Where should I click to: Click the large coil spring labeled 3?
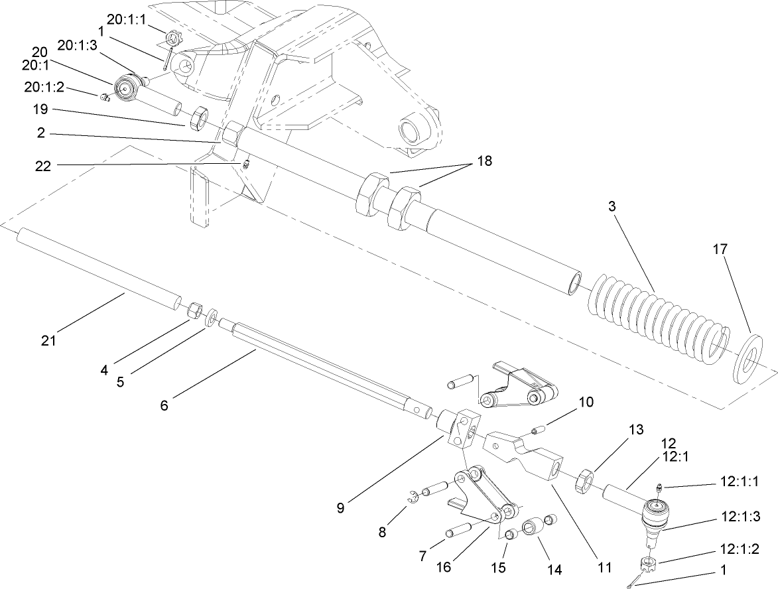[657, 318]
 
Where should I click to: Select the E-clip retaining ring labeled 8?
[415, 494]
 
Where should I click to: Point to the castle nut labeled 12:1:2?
[648, 565]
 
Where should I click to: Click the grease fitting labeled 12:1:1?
[658, 489]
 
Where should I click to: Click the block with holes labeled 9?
[462, 427]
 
